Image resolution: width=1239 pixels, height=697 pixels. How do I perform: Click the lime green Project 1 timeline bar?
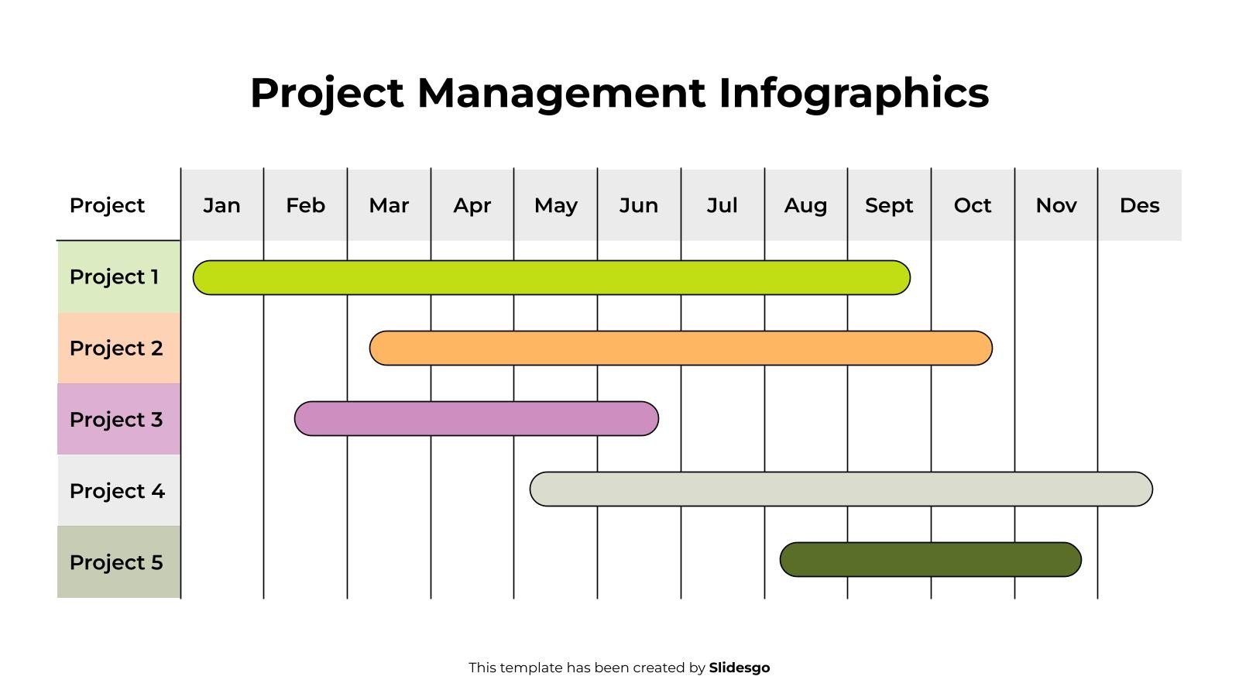(551, 277)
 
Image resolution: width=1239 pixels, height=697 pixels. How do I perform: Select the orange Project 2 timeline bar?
(681, 348)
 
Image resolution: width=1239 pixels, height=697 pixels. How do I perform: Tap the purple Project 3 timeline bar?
(476, 418)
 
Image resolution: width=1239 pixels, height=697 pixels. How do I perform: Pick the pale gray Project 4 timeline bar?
(841, 489)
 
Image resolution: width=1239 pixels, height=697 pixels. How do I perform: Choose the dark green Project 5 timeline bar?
(930, 559)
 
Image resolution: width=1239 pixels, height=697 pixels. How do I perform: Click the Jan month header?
(221, 205)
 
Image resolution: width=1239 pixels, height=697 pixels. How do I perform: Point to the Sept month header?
(889, 205)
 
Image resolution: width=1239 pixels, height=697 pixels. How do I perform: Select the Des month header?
(1139, 205)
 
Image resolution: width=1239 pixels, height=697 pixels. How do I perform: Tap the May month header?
(555, 205)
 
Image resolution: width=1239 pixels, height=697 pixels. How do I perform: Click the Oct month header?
(973, 205)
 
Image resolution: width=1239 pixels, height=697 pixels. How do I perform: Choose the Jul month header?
(722, 205)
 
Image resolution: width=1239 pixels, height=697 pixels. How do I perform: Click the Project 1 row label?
(115, 276)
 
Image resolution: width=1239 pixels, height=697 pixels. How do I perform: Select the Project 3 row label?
(116, 419)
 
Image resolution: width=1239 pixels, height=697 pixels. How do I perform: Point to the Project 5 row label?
(116, 562)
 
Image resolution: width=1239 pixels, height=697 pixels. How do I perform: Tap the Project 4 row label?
(117, 491)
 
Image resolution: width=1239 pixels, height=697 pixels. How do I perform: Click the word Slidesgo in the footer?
(739, 668)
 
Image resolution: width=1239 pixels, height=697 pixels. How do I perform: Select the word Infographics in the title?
(853, 93)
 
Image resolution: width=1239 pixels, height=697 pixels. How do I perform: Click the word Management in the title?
(561, 93)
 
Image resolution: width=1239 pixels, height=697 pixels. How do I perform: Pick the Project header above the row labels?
(107, 205)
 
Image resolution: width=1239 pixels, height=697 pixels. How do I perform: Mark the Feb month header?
(305, 205)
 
